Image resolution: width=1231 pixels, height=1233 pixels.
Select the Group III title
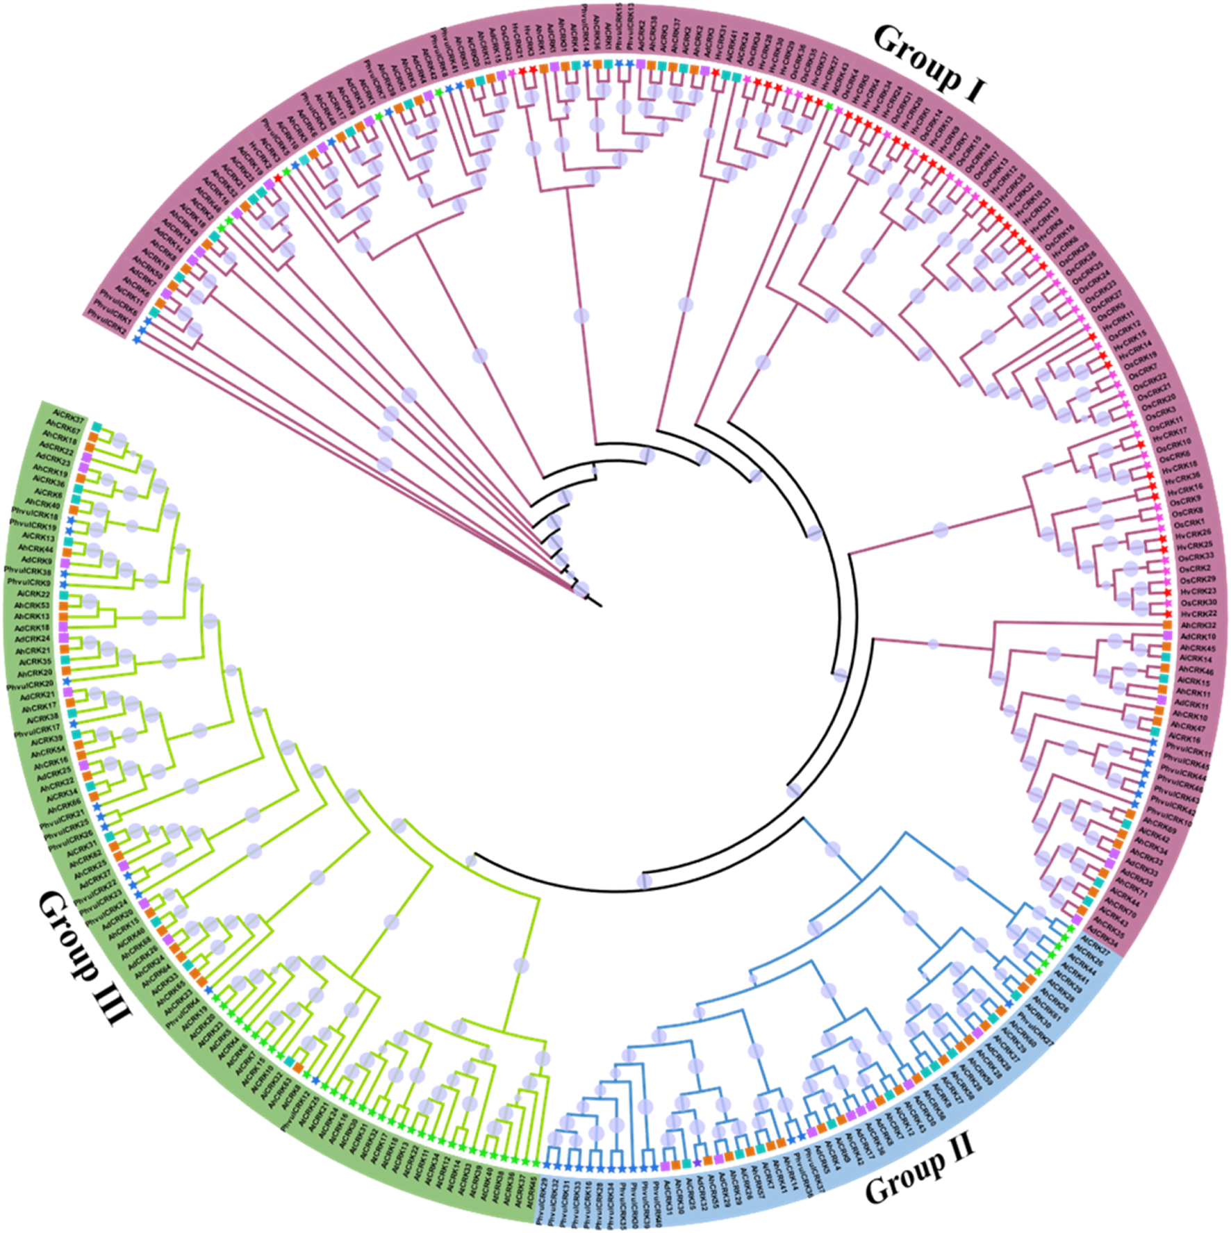(x=83, y=958)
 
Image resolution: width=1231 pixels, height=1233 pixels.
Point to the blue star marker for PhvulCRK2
(x=137, y=338)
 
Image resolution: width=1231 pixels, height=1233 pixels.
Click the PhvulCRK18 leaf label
(x=34, y=515)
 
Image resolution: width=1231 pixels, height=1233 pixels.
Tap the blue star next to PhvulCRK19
(x=69, y=531)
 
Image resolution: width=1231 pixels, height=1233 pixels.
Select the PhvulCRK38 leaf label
(x=27, y=570)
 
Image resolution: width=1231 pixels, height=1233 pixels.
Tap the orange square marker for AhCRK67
(x=91, y=436)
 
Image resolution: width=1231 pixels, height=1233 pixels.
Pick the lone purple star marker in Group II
(x=697, y=1163)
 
